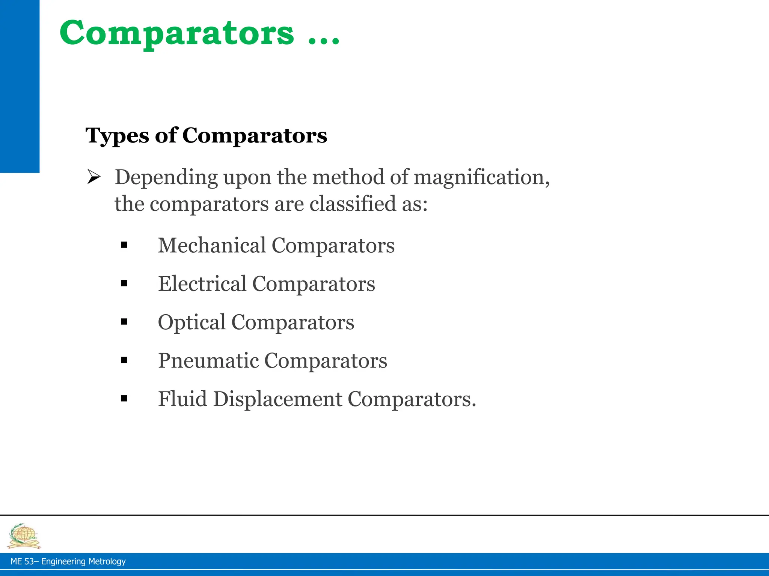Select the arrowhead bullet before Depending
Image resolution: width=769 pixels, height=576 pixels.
coord(93,177)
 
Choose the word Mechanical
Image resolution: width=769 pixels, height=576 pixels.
coord(212,246)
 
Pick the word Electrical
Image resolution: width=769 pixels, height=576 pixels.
coord(202,284)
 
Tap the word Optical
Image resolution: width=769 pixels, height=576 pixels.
coord(191,322)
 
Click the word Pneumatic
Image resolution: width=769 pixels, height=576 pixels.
coord(208,361)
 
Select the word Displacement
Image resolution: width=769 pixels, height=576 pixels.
coord(277,399)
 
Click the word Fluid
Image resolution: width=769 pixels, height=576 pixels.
coord(182,399)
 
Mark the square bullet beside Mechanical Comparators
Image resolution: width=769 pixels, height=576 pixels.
coord(124,246)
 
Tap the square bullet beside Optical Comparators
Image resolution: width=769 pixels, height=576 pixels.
coord(124,322)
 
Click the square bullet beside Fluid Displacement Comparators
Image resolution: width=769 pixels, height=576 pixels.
coord(124,399)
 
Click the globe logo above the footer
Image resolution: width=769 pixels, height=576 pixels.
coord(24,536)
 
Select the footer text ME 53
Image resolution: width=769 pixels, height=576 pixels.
coord(22,561)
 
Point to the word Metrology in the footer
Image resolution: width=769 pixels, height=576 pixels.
coord(107,561)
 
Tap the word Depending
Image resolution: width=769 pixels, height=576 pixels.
coord(166,177)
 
